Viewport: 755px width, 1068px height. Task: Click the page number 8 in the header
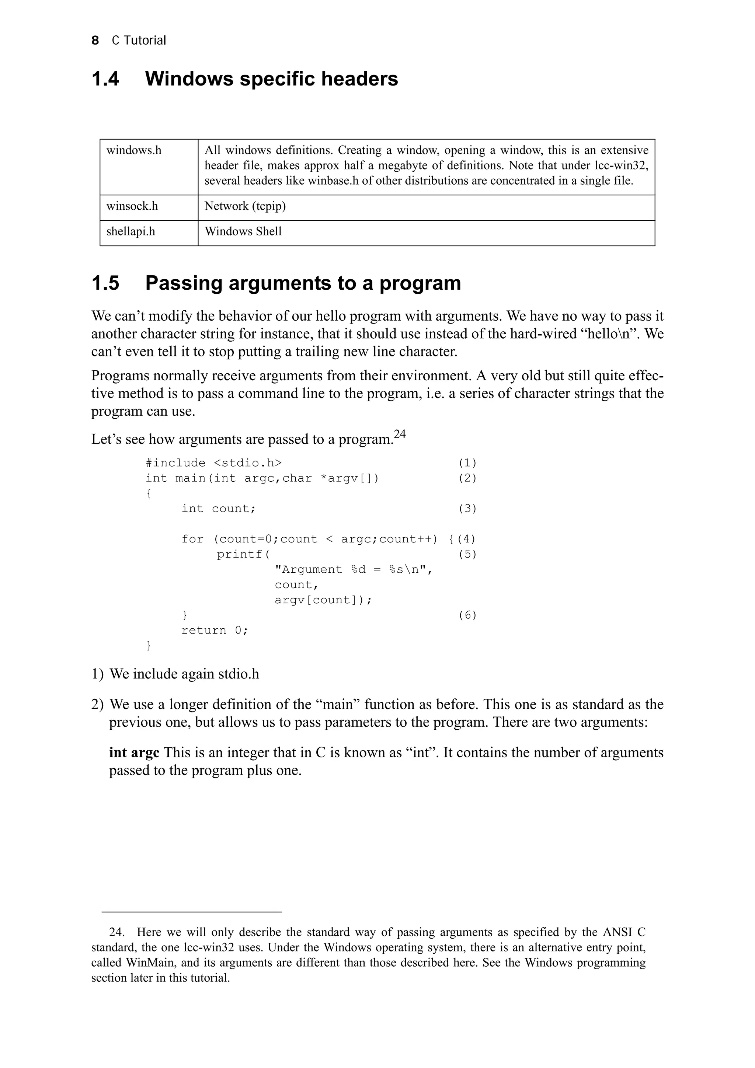[x=95, y=41]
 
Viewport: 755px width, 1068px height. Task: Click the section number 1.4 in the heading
[x=105, y=78]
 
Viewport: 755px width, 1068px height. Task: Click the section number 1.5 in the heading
[x=105, y=283]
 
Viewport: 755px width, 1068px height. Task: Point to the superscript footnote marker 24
[x=400, y=434]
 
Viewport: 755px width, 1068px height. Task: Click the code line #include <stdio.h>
[x=213, y=463]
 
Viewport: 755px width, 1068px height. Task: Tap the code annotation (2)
[x=467, y=478]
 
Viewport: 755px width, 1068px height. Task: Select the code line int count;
[x=219, y=509]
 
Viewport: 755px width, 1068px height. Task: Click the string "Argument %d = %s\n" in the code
[x=354, y=570]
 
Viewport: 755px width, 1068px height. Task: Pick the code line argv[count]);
[x=323, y=600]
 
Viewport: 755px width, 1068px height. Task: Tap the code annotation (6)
[x=467, y=615]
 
